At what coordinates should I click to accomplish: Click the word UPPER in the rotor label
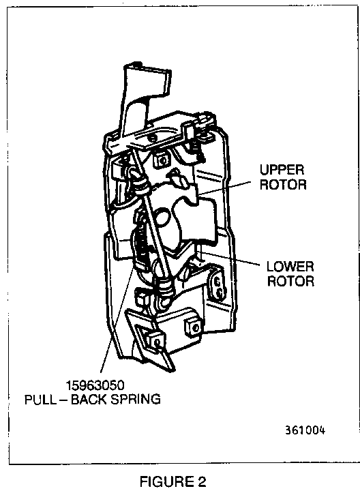tap(282, 170)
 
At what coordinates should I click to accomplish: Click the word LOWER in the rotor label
tap(290, 267)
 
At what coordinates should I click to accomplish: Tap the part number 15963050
tap(95, 385)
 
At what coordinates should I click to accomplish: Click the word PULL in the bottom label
tap(39, 399)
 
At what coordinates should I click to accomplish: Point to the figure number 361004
tap(305, 430)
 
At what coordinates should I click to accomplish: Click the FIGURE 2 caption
tap(172, 481)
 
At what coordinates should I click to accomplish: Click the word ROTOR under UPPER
tap(283, 184)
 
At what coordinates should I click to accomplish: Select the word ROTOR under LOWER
tap(290, 280)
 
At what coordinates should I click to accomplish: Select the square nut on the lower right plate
tap(193, 327)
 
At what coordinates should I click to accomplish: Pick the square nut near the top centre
tap(162, 160)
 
